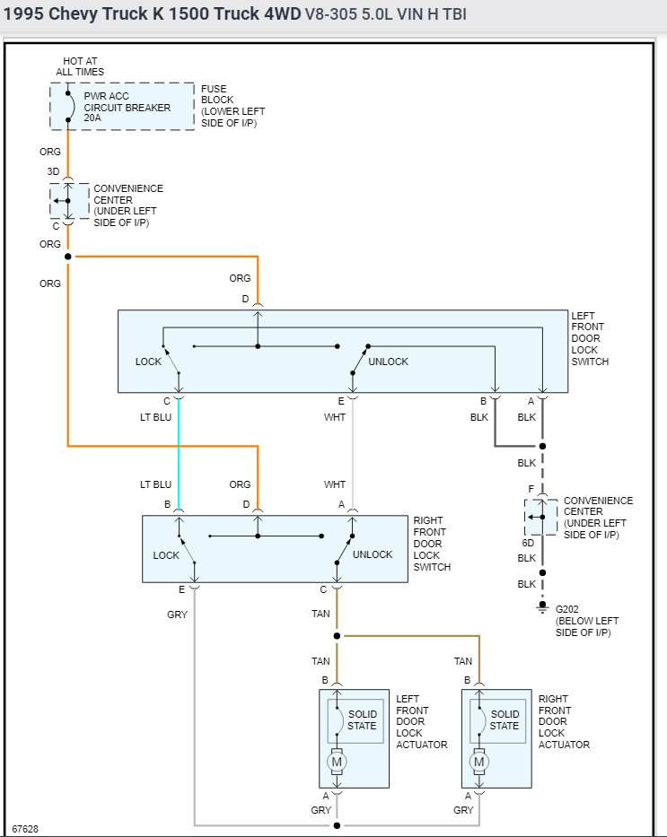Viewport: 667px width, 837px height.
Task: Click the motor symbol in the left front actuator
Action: click(337, 762)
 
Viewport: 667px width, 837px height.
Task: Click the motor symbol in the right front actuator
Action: click(479, 762)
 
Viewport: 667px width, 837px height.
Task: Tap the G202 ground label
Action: click(566, 609)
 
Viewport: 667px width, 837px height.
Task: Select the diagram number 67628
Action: click(25, 829)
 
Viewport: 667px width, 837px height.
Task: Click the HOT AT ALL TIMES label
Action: click(80, 66)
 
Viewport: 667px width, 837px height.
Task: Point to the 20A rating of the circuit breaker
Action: click(92, 118)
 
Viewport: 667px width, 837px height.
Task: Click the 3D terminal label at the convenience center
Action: click(53, 171)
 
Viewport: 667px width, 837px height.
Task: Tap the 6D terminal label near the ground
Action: click(528, 543)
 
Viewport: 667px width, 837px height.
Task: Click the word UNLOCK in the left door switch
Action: click(388, 362)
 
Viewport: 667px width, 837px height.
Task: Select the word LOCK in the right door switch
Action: click(166, 555)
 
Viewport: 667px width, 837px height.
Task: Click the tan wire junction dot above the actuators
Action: click(337, 636)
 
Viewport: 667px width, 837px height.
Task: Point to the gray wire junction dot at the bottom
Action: click(337, 826)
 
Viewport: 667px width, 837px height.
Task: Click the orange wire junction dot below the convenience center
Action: click(68, 257)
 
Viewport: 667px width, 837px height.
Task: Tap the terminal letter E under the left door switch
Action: click(341, 401)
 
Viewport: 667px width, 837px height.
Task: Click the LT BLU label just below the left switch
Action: click(155, 417)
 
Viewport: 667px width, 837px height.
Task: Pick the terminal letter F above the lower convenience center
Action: click(531, 489)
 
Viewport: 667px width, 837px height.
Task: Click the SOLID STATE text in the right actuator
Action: click(505, 720)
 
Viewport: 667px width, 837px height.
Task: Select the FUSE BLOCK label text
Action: click(217, 94)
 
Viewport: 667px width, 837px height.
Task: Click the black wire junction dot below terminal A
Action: click(542, 446)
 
